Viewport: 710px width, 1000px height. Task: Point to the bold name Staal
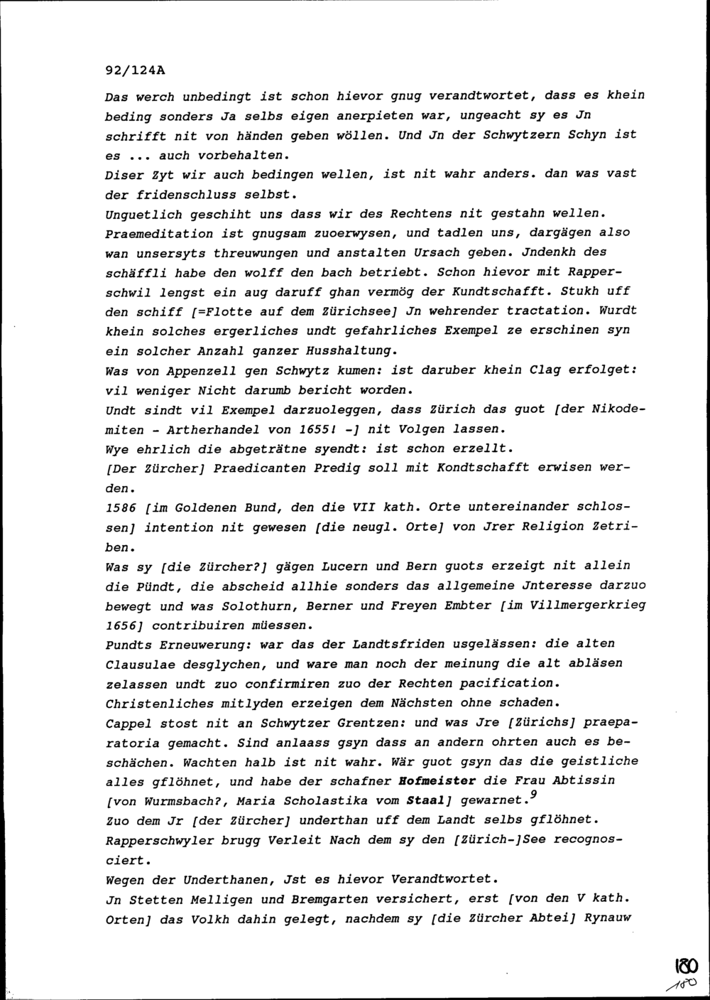426,801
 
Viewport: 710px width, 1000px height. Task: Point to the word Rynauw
608,918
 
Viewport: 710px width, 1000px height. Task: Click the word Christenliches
158,703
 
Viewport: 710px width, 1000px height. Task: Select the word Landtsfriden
404,644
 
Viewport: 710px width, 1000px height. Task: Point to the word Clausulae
139,665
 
